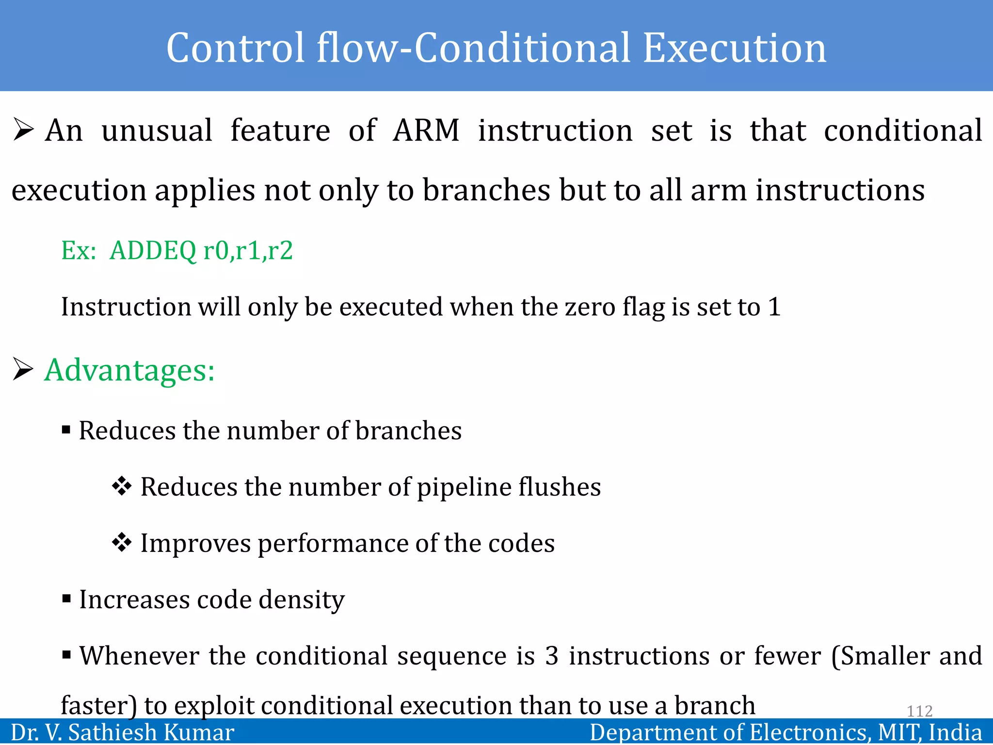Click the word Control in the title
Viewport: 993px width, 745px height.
click(236, 49)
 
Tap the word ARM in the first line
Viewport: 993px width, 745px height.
click(426, 130)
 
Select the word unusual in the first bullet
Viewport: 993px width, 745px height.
click(157, 130)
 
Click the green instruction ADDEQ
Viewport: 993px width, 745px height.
click(153, 251)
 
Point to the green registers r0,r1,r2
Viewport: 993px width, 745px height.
click(248, 251)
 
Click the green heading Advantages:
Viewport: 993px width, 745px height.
click(129, 371)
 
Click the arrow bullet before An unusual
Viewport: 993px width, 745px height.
click(23, 130)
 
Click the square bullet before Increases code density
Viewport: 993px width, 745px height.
click(66, 599)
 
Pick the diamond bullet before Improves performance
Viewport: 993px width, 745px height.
click(121, 542)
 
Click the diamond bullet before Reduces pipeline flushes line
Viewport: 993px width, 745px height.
click(121, 486)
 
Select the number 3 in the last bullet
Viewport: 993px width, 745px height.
click(551, 656)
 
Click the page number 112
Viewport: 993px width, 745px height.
click(919, 711)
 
